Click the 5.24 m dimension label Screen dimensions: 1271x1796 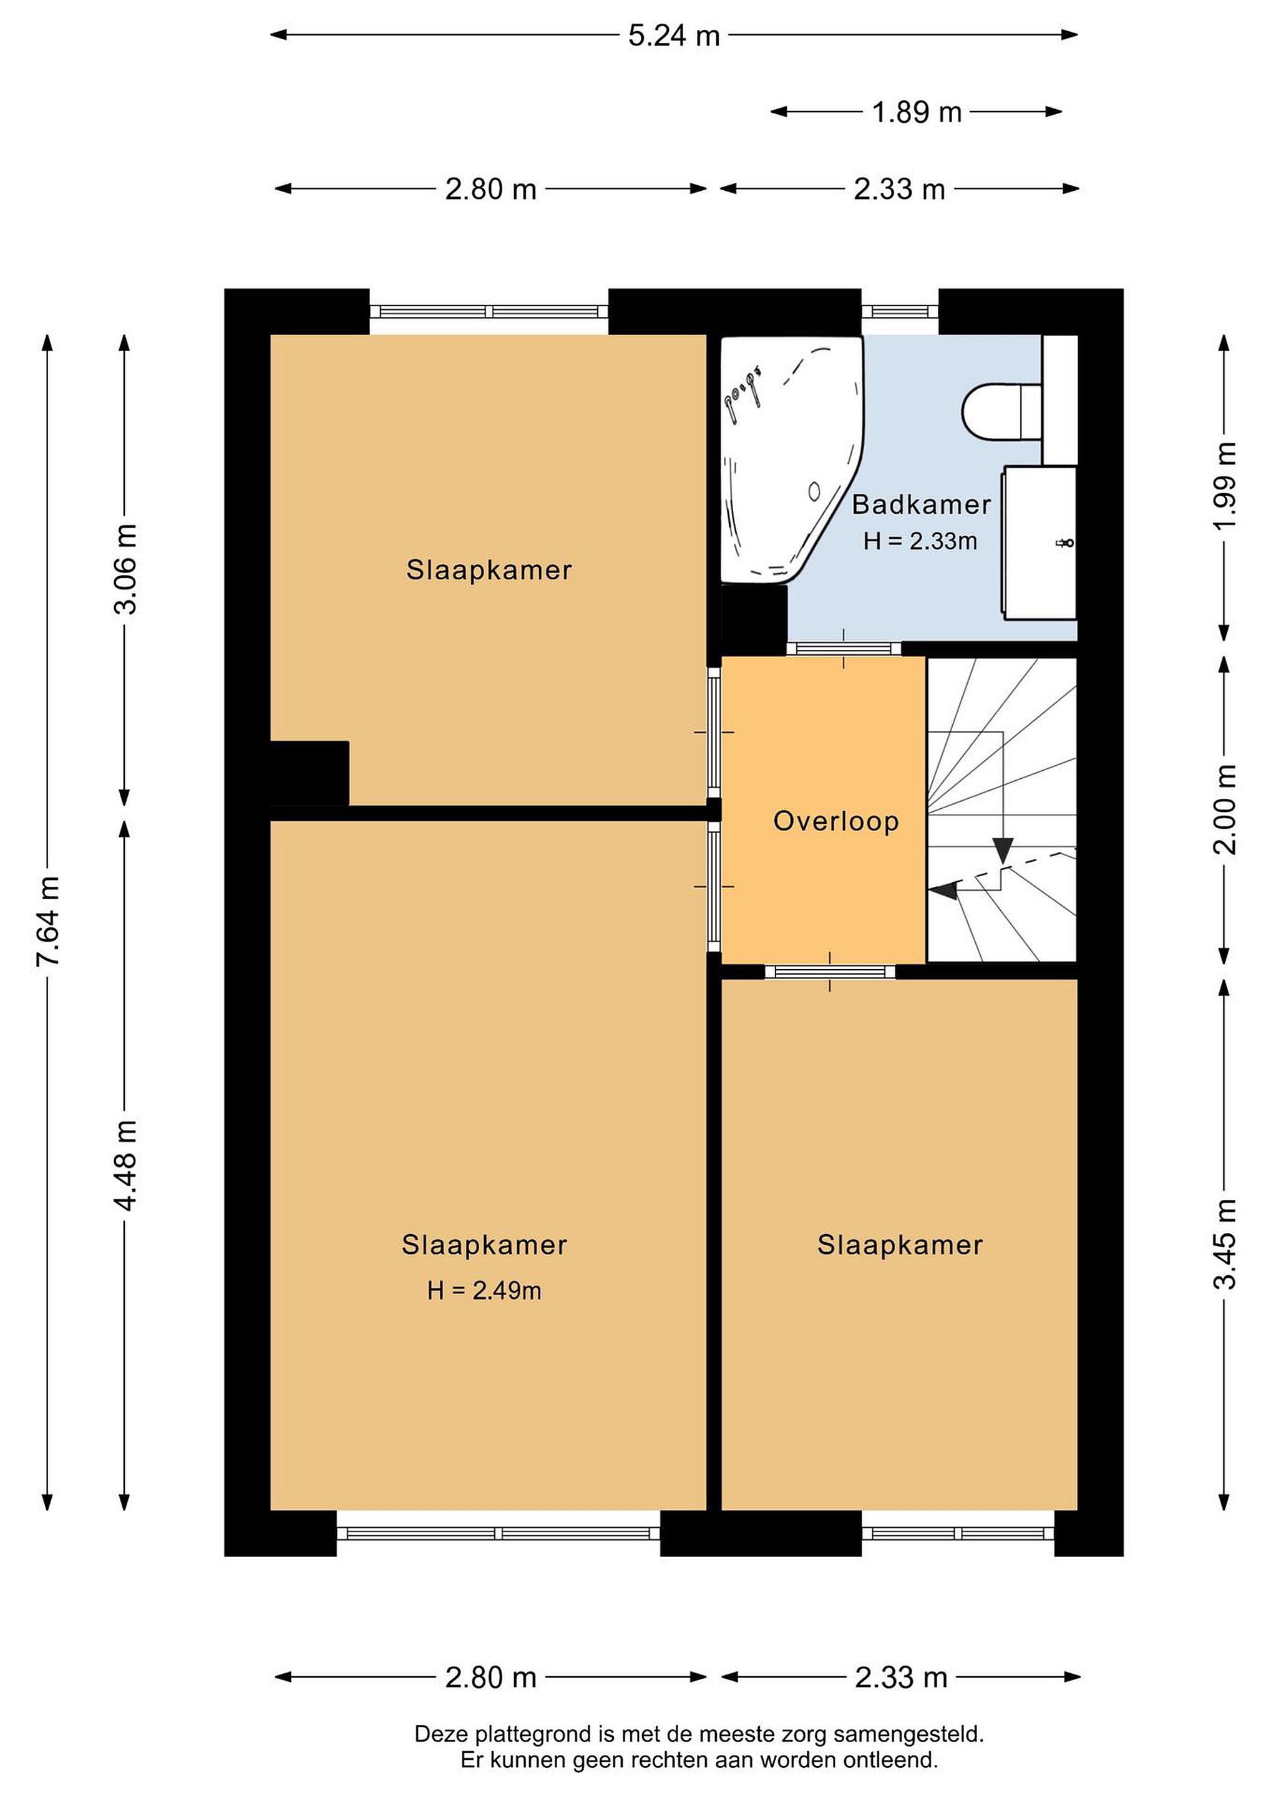[x=673, y=35]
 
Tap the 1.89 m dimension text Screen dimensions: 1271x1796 [x=917, y=112]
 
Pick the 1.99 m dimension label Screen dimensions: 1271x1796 [x=1225, y=485]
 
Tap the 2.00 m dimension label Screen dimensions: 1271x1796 [x=1225, y=809]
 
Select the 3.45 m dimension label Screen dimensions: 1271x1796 [x=1225, y=1243]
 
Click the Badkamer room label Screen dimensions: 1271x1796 [x=921, y=505]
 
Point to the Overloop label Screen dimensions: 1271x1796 [x=836, y=821]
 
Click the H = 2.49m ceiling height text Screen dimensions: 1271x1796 [x=484, y=1291]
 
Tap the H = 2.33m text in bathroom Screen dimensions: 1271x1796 [x=920, y=541]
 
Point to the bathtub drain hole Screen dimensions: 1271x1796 [x=814, y=491]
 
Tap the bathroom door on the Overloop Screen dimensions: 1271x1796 [x=844, y=649]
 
